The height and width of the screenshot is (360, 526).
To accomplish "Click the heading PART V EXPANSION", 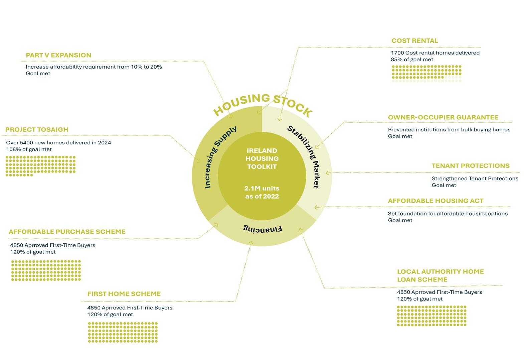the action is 58,55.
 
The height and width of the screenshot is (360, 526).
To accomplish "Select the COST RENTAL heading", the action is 414,41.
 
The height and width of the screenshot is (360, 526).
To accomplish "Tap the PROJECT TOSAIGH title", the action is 37,130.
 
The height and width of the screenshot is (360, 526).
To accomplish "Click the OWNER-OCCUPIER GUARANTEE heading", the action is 443,117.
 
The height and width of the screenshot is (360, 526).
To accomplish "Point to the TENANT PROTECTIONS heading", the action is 470,166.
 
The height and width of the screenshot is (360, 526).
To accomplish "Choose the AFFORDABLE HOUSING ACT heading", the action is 435,201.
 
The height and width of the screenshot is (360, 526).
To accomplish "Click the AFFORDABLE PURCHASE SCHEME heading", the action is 67,232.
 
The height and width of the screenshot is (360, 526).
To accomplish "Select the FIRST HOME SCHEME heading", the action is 124,294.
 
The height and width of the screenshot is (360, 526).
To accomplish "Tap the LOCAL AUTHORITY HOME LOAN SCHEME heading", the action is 440,275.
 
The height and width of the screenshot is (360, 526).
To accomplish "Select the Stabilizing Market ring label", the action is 304,156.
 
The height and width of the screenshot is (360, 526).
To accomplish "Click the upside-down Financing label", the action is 262,229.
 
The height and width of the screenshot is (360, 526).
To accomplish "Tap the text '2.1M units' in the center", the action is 262,189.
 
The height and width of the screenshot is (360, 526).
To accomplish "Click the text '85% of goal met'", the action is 412,59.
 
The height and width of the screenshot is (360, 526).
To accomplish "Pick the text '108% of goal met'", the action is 29,149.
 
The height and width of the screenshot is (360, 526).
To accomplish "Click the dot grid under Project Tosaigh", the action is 40,166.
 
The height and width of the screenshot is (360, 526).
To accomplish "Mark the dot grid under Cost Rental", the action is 426,74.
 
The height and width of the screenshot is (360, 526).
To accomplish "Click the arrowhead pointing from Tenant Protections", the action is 327,173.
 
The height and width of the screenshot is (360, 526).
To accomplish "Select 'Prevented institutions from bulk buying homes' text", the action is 449,130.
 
